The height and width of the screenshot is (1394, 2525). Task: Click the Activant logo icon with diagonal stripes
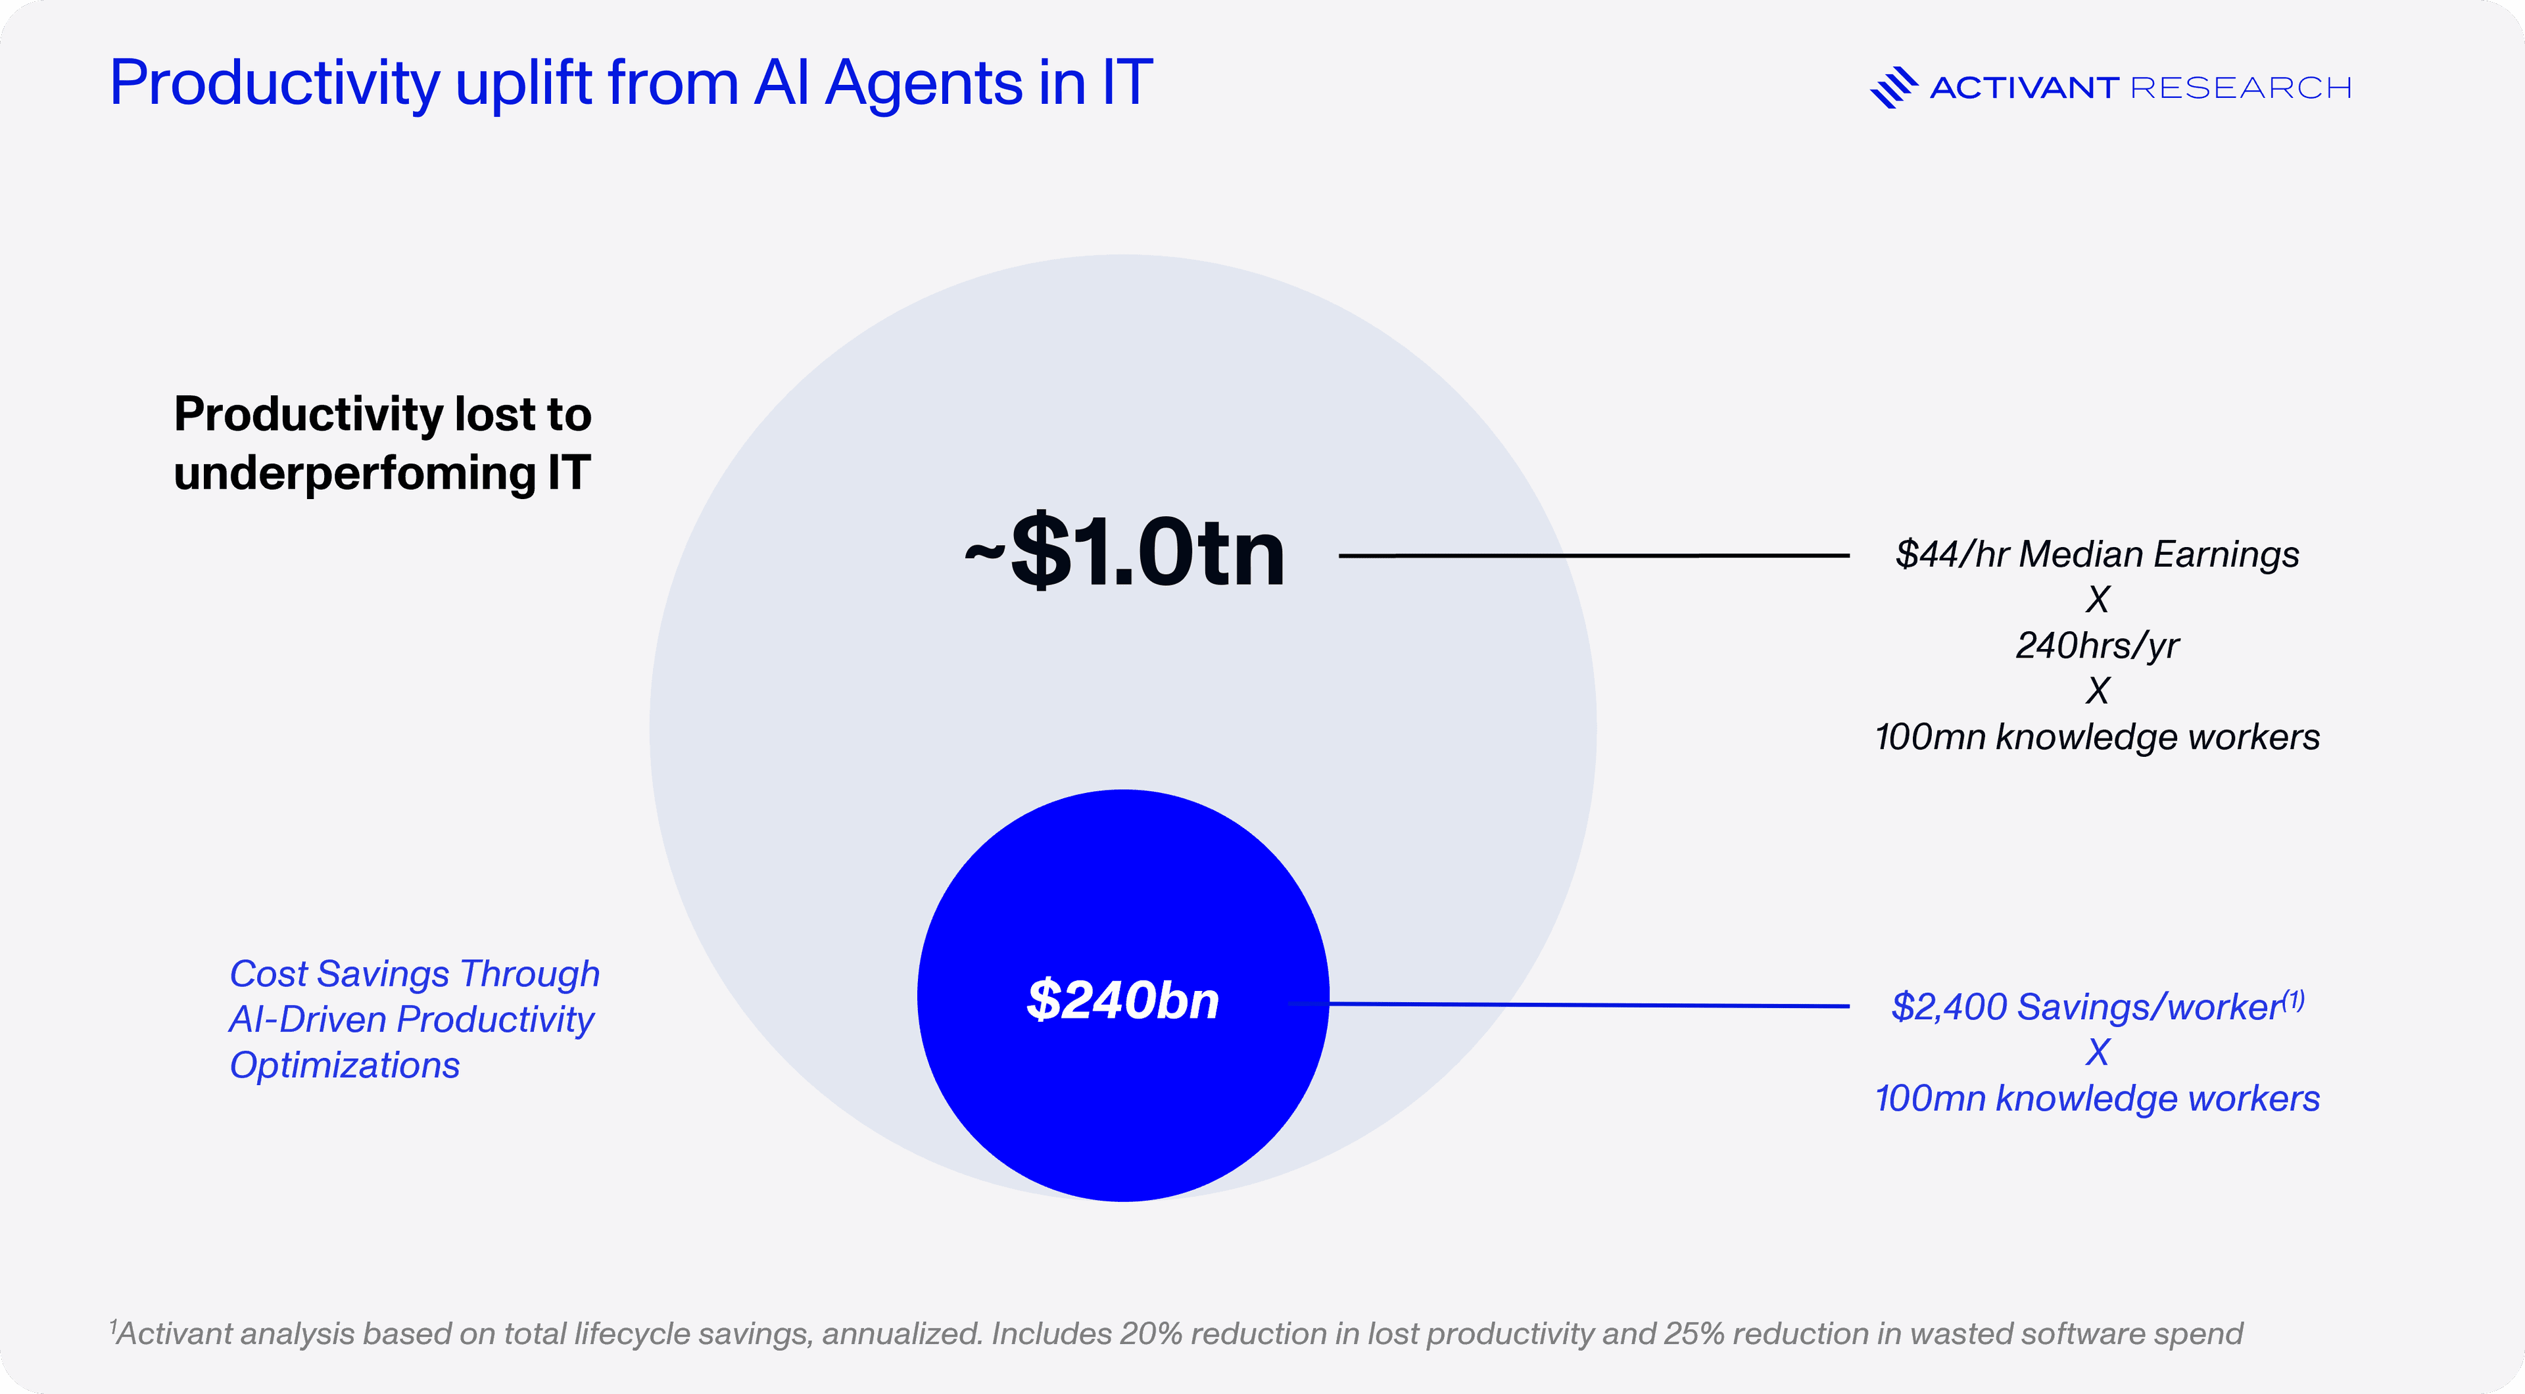(x=1893, y=87)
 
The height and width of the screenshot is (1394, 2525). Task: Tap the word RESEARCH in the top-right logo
(x=2241, y=88)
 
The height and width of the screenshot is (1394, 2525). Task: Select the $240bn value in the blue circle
(x=1123, y=1000)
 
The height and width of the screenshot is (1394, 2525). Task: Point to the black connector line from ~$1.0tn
(x=1593, y=556)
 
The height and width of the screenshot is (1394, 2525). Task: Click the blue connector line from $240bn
(x=1588, y=1005)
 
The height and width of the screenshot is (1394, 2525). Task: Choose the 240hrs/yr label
(x=2097, y=645)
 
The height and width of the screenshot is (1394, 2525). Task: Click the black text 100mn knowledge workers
(x=2097, y=737)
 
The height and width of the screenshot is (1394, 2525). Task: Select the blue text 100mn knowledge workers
(x=2097, y=1099)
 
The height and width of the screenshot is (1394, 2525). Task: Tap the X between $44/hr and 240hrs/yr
(x=2097, y=599)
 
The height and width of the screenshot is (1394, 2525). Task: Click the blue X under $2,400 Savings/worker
(x=2097, y=1053)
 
